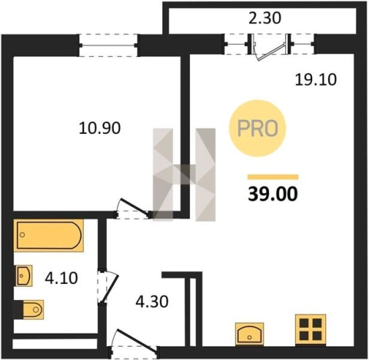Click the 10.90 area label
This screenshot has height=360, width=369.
click(x=100, y=128)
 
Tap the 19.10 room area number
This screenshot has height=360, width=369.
click(x=316, y=79)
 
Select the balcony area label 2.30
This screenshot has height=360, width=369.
click(x=265, y=18)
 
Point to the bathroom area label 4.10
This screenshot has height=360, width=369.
click(x=61, y=278)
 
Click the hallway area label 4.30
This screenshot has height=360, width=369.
click(x=152, y=302)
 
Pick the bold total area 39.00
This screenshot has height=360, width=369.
click(x=273, y=194)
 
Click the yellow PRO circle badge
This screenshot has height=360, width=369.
click(x=258, y=128)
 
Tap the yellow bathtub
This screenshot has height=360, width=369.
click(x=48, y=235)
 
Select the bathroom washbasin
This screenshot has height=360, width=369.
click(x=24, y=275)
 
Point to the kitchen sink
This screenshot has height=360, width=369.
click(x=250, y=334)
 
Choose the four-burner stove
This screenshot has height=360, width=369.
click(x=311, y=329)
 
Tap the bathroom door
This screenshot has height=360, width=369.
click(x=108, y=287)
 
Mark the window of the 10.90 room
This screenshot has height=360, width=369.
click(x=108, y=45)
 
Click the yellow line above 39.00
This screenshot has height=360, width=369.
click(x=273, y=177)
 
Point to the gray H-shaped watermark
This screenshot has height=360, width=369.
click(x=184, y=175)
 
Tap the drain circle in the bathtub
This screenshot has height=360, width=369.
click(x=22, y=235)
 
